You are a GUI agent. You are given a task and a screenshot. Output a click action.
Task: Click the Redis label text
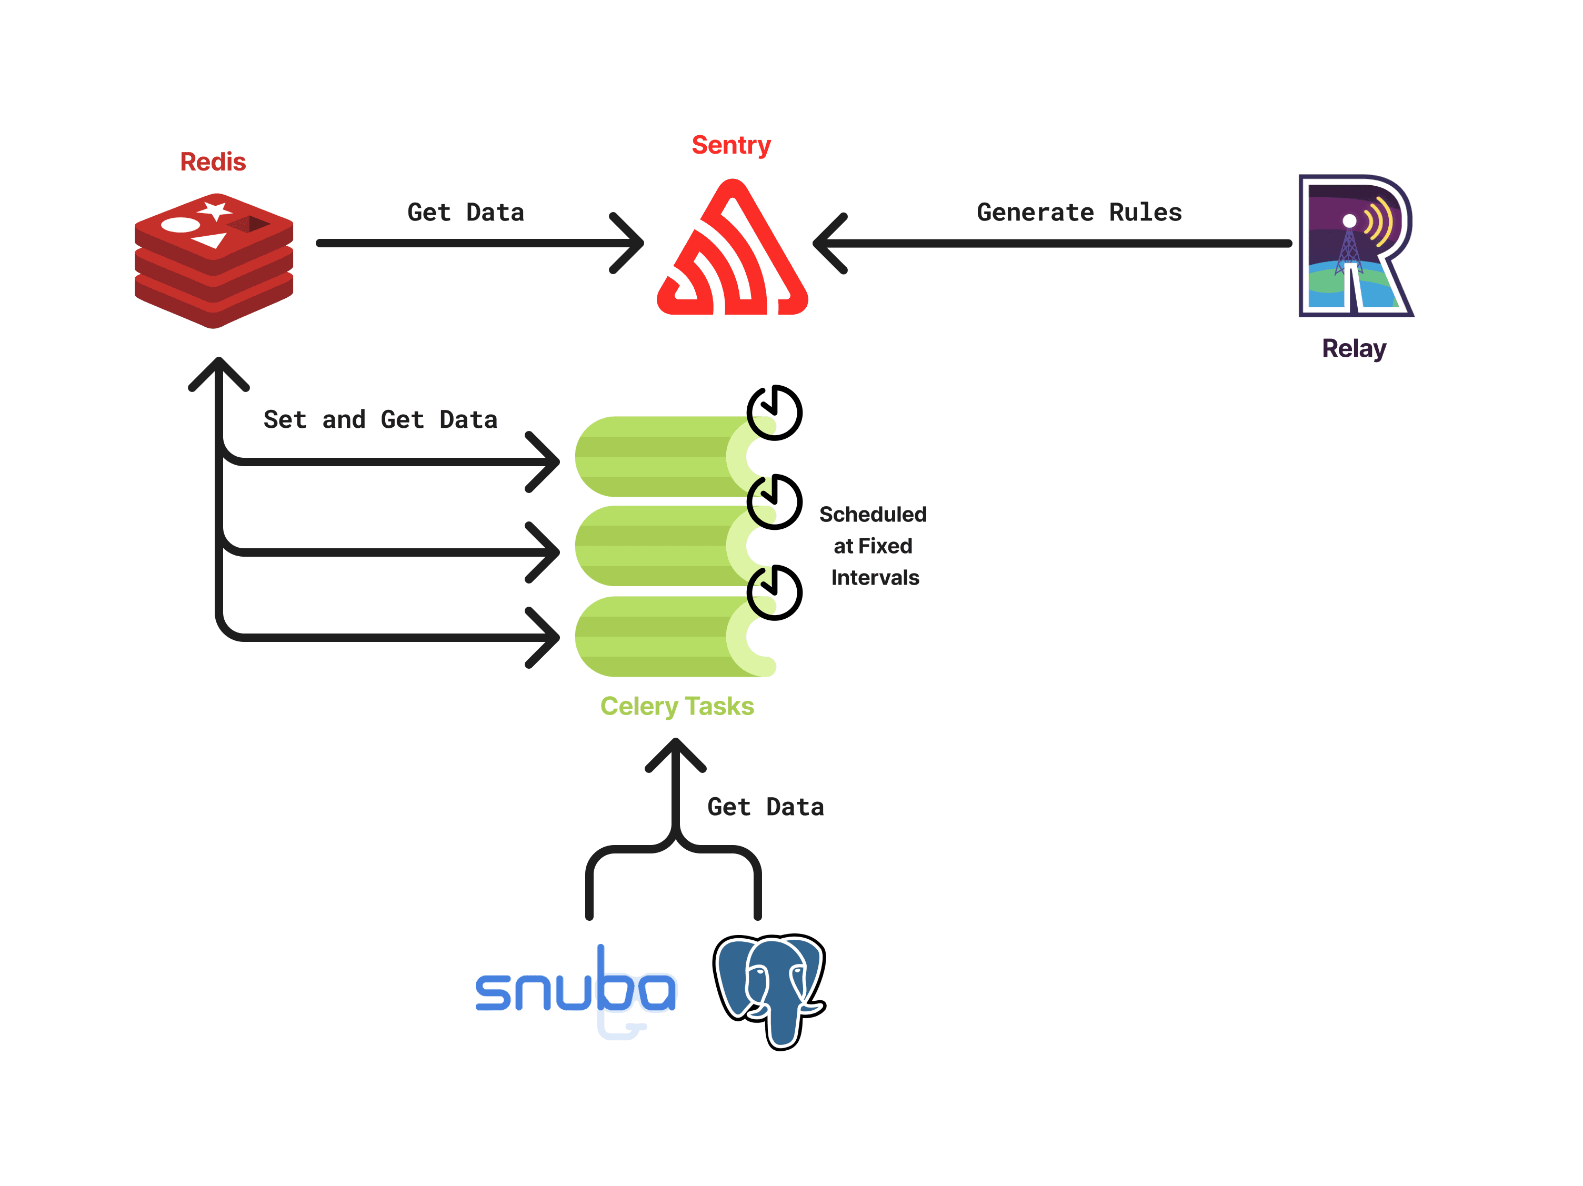(213, 162)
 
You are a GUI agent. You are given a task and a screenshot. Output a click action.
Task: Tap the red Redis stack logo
(213, 260)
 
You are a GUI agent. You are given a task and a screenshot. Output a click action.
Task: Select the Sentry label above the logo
(730, 145)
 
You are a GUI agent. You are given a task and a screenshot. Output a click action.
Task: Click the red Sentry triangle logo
(732, 254)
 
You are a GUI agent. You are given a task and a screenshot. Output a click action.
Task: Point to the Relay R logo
(1354, 245)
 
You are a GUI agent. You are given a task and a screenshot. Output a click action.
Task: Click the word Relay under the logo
(1353, 348)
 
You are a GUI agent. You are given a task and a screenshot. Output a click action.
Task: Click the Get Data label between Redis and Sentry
(465, 213)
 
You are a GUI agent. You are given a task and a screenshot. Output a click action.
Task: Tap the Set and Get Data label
(380, 419)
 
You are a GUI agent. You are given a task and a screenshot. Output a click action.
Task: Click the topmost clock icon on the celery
(774, 413)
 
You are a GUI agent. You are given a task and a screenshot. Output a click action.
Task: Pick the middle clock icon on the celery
(774, 501)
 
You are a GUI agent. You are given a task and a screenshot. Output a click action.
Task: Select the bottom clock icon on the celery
(774, 592)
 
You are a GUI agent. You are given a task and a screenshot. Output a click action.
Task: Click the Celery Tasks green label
(676, 706)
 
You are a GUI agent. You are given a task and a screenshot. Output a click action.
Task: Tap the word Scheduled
(873, 514)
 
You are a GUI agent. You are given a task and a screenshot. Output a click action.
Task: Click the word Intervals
(875, 577)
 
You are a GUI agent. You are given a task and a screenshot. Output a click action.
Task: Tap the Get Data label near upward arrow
(765, 807)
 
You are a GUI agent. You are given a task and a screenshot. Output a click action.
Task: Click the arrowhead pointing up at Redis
(219, 368)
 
